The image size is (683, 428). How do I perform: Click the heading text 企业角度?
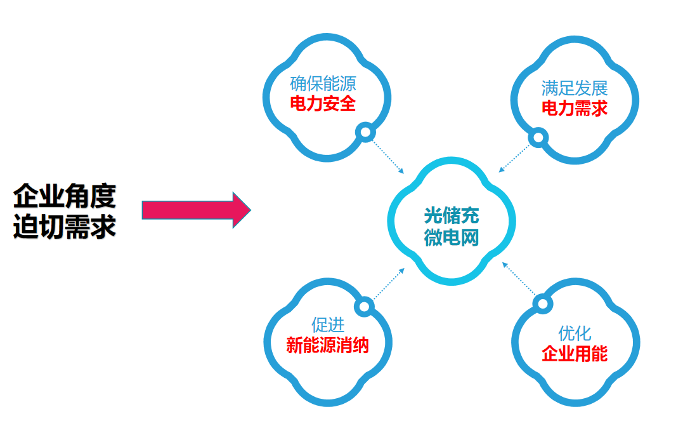[x=65, y=196]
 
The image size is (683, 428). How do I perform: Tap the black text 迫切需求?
[x=65, y=226]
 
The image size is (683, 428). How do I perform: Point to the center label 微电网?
[x=452, y=237]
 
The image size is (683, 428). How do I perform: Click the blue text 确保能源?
[x=323, y=83]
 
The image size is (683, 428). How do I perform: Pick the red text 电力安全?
[x=323, y=104]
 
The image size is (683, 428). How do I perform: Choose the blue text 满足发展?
[x=575, y=88]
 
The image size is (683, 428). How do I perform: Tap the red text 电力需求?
[x=575, y=109]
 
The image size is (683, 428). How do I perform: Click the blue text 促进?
[x=328, y=324]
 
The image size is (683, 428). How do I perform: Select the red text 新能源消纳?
[x=327, y=345]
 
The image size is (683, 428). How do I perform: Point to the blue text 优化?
[x=575, y=333]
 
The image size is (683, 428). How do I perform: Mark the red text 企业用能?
[x=575, y=354]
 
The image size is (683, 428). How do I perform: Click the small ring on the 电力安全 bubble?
[x=365, y=132]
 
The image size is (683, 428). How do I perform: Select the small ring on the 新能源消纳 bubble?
[x=364, y=307]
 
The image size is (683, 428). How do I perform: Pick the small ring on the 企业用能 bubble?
[x=541, y=304]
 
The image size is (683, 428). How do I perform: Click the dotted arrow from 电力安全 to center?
[x=388, y=156]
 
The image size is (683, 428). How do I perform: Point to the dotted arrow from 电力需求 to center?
[x=514, y=156]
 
